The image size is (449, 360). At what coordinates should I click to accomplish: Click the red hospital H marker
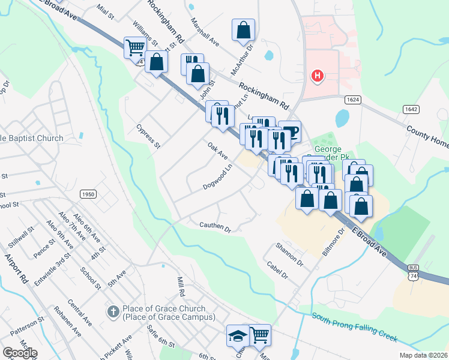tap(317, 76)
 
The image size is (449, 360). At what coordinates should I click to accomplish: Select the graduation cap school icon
tap(238, 336)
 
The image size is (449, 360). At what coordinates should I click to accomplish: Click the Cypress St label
tap(148, 136)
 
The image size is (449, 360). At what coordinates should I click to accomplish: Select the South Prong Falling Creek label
tap(354, 328)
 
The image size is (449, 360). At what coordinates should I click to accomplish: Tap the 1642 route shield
tap(411, 109)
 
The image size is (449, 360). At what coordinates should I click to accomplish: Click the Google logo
tap(20, 352)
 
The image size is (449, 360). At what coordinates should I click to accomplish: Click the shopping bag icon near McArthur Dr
tap(243, 30)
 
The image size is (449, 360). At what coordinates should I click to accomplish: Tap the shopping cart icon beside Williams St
tap(135, 47)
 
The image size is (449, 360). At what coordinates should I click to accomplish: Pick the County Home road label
tap(427, 137)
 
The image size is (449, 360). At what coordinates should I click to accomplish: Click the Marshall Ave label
tap(205, 35)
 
